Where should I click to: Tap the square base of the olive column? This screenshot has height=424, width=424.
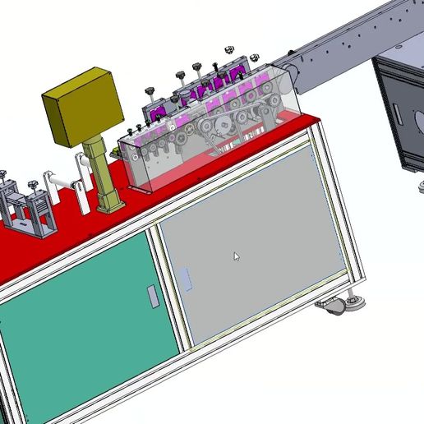pos(108,200)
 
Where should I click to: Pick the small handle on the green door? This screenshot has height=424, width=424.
pos(152,295)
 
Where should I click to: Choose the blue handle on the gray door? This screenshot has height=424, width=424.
pos(186,279)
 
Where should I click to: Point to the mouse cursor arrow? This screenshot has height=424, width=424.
pos(237,256)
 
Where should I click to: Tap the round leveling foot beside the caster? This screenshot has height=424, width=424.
pos(356,303)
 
